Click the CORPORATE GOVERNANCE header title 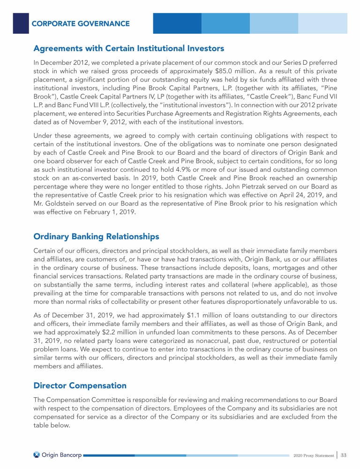pyautogui.click(x=81, y=23)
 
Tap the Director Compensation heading pyautogui.click(x=80, y=386)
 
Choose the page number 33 pyautogui.click(x=343, y=455)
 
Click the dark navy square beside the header pyautogui.click(x=21, y=23)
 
